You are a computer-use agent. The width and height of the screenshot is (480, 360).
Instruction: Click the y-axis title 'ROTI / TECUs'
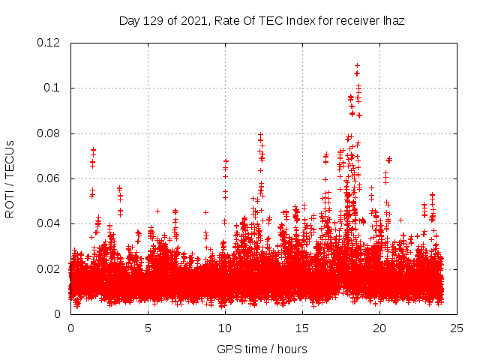click(x=10, y=178)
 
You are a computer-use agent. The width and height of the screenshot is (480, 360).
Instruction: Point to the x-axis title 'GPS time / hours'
click(x=262, y=349)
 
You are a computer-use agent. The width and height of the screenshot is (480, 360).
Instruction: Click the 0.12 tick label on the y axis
click(x=49, y=43)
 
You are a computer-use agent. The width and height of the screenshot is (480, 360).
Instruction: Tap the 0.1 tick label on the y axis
click(x=52, y=88)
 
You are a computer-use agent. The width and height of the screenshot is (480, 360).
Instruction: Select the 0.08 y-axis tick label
click(x=49, y=133)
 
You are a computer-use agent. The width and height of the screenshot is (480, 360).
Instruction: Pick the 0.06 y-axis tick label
click(x=49, y=178)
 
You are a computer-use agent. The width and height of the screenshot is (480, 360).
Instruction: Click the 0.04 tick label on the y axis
click(x=49, y=223)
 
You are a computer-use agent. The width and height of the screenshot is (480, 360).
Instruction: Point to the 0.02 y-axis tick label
click(x=49, y=268)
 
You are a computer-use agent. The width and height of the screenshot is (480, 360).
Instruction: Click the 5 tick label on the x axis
click(x=148, y=328)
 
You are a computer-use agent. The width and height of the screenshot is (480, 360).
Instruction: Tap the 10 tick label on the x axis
click(x=225, y=328)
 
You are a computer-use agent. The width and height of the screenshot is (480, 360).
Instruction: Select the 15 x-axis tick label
click(x=302, y=328)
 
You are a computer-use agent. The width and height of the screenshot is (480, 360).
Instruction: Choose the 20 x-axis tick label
click(x=379, y=328)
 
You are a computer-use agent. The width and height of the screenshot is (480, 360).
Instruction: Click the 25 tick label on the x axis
click(x=457, y=328)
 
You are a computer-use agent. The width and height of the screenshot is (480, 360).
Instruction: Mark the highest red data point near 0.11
click(x=357, y=66)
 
